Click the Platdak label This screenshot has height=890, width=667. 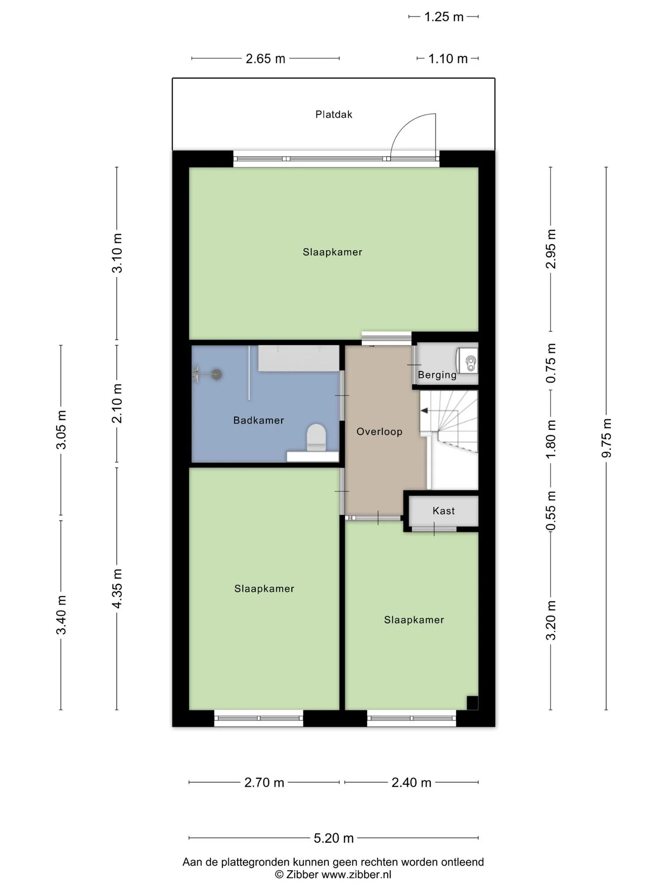333,114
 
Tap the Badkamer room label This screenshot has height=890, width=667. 258,420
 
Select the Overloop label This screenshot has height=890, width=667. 379,432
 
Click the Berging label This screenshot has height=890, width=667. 437,375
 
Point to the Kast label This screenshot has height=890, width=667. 444,511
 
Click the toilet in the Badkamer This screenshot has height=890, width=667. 316,437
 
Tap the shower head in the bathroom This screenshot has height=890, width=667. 216,374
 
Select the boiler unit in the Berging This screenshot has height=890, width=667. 467,361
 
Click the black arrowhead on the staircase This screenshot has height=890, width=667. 423,411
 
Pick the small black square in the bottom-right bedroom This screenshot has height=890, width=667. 472,703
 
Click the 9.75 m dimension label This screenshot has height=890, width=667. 606,438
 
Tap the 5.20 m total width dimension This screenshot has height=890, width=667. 333,838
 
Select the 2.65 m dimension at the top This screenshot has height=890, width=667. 265,59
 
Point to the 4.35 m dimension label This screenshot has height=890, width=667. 117,589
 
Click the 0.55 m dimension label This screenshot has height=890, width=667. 551,511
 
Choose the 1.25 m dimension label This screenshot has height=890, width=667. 444,17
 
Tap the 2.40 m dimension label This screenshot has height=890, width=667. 411,782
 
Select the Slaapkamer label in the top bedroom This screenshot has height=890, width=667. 333,252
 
